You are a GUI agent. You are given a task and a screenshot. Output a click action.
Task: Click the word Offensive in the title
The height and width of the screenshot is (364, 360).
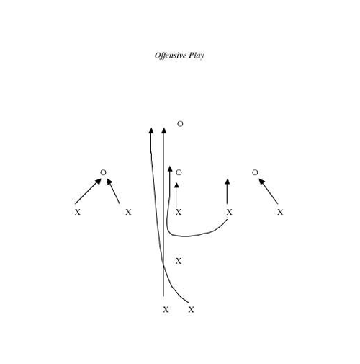171,56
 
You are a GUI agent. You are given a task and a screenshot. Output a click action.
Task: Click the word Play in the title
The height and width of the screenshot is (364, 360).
197,56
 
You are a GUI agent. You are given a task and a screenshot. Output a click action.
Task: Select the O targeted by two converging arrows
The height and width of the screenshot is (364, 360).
103,172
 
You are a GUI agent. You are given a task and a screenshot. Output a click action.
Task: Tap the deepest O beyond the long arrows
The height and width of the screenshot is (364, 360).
180,124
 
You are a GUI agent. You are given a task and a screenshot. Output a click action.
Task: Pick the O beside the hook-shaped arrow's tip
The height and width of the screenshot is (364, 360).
179,172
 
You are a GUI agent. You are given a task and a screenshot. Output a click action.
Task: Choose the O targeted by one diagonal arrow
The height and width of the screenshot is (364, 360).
255,172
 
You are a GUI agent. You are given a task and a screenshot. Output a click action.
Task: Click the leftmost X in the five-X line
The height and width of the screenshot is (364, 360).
77,212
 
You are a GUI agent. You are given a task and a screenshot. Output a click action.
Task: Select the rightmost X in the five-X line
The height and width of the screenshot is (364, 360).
280,212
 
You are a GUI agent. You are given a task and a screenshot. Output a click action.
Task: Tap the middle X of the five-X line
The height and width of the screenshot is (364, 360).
179,212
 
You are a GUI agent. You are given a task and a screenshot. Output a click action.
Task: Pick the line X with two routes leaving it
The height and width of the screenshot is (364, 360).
229,212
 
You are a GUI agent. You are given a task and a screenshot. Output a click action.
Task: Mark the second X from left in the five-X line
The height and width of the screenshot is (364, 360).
128,212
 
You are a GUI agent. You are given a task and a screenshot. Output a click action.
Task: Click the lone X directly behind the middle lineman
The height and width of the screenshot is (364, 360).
179,261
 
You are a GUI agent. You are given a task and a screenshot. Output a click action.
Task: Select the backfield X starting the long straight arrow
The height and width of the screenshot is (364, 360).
166,310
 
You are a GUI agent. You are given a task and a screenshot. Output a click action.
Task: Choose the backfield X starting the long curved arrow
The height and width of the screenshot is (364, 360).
191,310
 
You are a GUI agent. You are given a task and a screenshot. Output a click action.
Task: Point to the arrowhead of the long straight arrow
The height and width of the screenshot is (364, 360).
163,130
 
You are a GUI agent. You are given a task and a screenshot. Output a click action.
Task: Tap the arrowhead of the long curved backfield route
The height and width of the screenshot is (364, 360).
151,130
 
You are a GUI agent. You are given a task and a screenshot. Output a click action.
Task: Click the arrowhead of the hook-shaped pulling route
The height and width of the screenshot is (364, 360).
170,169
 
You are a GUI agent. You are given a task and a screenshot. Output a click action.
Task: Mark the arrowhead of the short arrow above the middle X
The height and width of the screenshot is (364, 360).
176,185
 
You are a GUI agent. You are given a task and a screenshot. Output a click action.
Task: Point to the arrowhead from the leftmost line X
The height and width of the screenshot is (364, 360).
98,182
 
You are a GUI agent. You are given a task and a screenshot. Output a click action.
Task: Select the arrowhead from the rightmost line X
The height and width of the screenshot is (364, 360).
261,182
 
